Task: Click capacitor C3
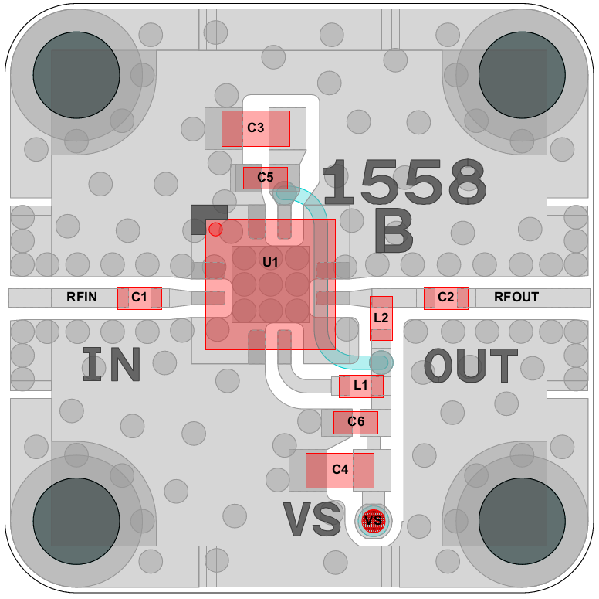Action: pos(256,128)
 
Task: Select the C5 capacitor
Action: pos(265,178)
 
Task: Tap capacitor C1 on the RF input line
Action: pos(140,298)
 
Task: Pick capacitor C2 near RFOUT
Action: pos(446,298)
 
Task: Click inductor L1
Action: pos(361,386)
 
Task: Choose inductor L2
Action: pos(381,318)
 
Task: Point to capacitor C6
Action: pos(356,423)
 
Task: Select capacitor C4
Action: pos(340,471)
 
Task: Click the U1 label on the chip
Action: pos(270,262)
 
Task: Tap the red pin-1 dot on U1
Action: pos(215,230)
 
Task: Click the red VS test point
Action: pos(374,521)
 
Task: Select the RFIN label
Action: pos(82,297)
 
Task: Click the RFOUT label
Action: pos(516,297)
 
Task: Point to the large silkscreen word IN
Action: pos(112,364)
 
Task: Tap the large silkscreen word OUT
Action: pos(471,366)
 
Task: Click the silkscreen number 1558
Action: pos(404,182)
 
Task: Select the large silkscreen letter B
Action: pos(394,230)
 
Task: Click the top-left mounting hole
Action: pos(76,75)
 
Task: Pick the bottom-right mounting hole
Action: pos(522,521)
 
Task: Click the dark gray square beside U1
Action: pos(209,220)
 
